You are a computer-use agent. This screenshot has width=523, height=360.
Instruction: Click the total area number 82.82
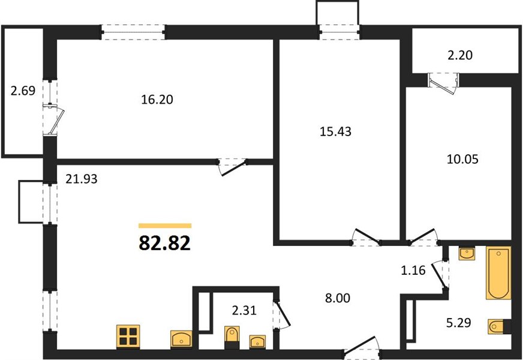pos(164,243)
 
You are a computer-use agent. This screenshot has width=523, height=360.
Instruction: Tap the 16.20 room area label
pos(157,100)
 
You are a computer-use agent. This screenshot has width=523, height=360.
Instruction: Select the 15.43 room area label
pos(335,131)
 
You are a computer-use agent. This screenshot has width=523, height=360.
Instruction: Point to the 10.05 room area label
pos(462,159)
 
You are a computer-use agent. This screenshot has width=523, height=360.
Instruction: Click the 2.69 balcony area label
pos(23,91)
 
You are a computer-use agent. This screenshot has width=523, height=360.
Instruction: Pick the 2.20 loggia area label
pos(460,55)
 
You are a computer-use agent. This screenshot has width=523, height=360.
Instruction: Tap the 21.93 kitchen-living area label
pos(82,179)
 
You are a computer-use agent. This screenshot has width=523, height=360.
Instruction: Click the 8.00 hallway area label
pos(338,298)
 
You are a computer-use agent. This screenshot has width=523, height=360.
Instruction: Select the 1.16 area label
pos(413,270)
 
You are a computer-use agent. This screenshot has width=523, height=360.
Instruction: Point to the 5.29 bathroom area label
pos(459,323)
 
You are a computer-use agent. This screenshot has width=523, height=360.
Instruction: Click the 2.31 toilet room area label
pos(244,311)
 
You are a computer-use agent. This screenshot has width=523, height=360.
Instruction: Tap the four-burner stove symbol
pos(128,337)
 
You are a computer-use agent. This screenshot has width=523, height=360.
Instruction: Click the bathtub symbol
pos(498,273)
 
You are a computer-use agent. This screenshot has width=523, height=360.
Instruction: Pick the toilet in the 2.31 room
pos(232,337)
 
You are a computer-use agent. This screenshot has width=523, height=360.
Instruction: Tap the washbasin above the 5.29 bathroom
pos(467,253)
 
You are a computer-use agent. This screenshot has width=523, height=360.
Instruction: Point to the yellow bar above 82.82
pos(165,226)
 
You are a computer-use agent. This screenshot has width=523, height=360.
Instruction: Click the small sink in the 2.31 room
pos(257,341)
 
